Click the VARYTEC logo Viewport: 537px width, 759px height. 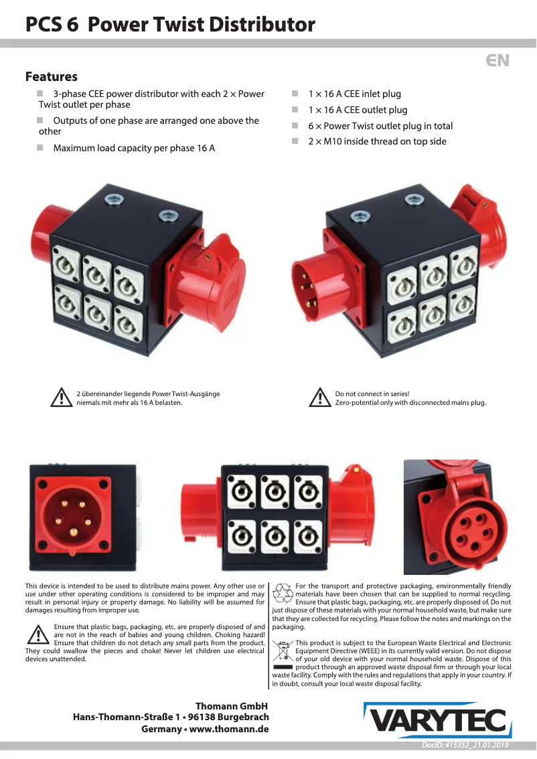tap(437, 720)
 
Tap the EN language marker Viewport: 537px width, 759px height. tap(497, 60)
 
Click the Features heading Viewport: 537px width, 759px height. tap(52, 76)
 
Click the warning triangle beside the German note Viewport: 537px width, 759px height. tap(62, 398)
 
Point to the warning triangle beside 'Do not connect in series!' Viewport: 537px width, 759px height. tap(319, 398)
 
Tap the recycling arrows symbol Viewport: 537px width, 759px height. tap(283, 594)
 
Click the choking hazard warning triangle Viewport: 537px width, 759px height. tap(37, 635)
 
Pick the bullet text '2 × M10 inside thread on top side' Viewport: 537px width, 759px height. tap(377, 141)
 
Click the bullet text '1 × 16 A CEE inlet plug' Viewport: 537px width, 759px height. tap(354, 94)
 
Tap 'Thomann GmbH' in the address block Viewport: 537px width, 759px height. tap(232, 706)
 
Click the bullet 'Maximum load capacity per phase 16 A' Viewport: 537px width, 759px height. tap(134, 148)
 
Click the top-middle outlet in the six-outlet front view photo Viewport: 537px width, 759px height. tap(275, 493)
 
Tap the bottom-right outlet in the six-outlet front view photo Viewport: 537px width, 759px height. tap(308, 537)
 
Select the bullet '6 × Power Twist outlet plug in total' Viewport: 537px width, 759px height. tap(380, 126)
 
